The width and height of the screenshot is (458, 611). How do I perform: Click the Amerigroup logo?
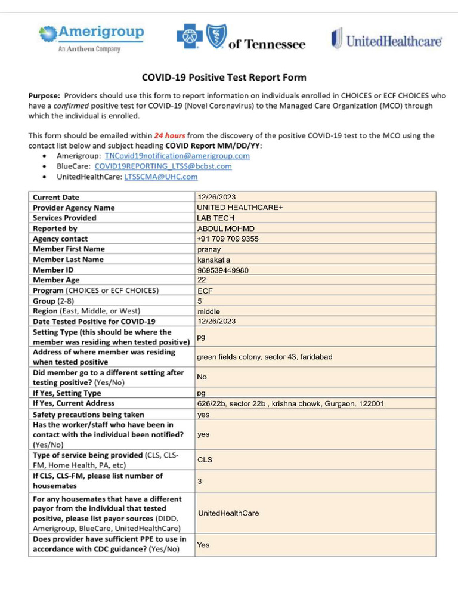[91, 38]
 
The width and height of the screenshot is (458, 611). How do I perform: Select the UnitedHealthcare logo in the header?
[386, 41]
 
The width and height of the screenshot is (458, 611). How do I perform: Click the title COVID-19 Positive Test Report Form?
[224, 78]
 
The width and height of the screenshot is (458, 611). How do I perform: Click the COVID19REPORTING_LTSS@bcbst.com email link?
[163, 166]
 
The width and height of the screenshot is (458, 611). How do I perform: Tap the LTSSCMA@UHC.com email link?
[160, 177]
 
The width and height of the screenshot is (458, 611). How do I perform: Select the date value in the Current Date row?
[216, 197]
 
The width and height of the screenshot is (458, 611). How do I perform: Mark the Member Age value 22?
[202, 280]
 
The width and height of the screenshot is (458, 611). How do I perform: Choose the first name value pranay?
[209, 249]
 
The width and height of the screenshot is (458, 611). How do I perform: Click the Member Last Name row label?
[68, 260]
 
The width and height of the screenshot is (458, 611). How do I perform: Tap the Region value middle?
[208, 311]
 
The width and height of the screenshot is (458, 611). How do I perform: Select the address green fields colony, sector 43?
[264, 357]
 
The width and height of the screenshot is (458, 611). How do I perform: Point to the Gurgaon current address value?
[290, 403]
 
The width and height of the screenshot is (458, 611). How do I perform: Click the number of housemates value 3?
[200, 481]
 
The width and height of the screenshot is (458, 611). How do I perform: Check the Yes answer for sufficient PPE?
[203, 544]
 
